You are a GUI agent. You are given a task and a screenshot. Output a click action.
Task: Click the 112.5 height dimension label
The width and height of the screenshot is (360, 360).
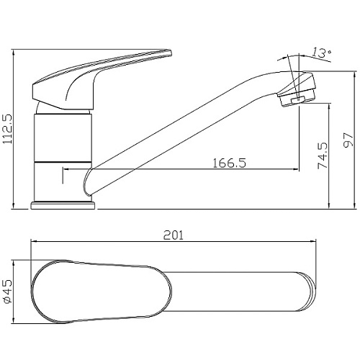[x=7, y=129]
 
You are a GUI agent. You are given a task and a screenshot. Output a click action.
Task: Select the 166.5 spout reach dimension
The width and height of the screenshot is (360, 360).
[x=230, y=163]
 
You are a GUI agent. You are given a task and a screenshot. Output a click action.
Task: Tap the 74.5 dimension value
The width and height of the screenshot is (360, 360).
[x=323, y=156]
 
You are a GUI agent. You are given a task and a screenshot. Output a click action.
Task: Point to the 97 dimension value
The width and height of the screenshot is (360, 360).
[x=348, y=140]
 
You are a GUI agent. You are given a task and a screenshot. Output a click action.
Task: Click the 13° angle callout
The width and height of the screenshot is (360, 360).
[x=322, y=53]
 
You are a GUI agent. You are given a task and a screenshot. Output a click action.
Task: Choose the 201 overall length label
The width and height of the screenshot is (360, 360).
[x=174, y=235]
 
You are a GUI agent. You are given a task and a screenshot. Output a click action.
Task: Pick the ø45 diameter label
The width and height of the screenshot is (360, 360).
[x=7, y=292]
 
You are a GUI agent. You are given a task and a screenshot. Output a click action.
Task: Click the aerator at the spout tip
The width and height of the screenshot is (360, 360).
[x=297, y=98]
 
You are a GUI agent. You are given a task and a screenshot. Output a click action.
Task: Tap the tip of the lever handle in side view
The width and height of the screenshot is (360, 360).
[x=171, y=53]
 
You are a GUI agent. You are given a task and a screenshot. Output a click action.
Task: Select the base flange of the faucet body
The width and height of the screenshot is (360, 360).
[x=63, y=205]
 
